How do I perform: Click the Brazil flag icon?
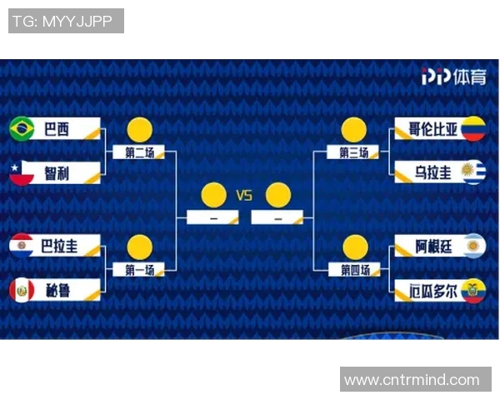(x=22, y=129)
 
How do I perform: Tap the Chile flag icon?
(x=22, y=173)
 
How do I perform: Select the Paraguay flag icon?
(x=22, y=245)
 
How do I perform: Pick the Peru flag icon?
(x=22, y=290)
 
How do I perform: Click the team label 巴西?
(x=57, y=129)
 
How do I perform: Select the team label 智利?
(x=57, y=173)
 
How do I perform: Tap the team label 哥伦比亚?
(x=432, y=129)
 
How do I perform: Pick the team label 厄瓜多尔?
(x=432, y=291)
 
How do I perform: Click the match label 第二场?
(x=140, y=152)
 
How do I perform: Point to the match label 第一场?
(x=140, y=270)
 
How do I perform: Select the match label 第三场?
(x=353, y=152)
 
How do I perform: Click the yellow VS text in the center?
(x=244, y=196)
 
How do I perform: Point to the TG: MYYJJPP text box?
(x=66, y=21)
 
